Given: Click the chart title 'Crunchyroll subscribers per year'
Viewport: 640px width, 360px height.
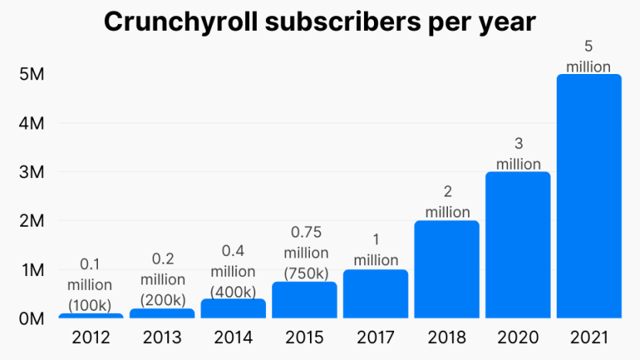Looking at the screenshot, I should click(319, 22).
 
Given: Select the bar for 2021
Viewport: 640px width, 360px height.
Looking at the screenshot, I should click(588, 196).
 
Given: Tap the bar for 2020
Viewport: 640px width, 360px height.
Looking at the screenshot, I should click(517, 244).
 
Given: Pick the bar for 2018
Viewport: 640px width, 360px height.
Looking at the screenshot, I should click(446, 269).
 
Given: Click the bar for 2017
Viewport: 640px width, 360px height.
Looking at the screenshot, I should click(376, 294).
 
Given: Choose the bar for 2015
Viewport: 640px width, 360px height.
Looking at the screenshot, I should click(305, 300).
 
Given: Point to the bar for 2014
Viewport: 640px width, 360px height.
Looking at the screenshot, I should click(233, 308).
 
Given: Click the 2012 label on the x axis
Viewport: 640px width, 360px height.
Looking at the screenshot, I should click(91, 338).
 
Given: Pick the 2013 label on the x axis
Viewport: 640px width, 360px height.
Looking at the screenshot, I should click(162, 338).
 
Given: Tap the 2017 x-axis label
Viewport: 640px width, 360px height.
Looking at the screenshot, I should click(376, 338).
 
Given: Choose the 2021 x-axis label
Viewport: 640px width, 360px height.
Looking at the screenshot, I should click(588, 338).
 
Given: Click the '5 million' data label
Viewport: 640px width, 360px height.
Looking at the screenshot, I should click(588, 57).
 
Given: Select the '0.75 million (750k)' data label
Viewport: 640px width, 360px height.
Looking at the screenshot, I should click(305, 253).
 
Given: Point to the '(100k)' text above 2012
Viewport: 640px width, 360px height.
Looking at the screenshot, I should click(90, 304).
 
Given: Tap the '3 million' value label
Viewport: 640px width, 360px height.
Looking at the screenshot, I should click(518, 153).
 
